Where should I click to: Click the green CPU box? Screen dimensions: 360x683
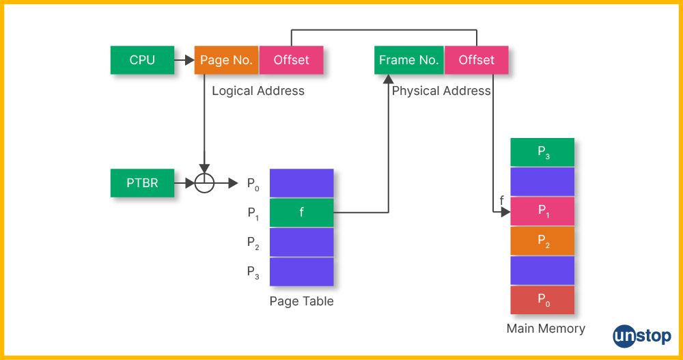click(x=142, y=60)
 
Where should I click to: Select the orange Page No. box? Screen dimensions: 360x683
click(x=226, y=60)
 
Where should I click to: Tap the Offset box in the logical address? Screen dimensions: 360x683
click(x=291, y=60)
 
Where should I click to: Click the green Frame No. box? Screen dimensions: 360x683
click(x=409, y=60)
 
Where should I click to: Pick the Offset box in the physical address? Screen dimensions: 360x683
click(x=476, y=60)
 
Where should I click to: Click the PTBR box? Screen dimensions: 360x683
click(x=142, y=183)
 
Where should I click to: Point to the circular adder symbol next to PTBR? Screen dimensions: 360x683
click(x=204, y=183)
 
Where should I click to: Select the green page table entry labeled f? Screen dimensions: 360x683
click(x=301, y=212)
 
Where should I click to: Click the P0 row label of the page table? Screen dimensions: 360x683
click(x=253, y=183)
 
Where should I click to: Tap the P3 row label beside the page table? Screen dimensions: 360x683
click(x=253, y=272)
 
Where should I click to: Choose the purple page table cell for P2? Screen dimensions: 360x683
click(x=301, y=242)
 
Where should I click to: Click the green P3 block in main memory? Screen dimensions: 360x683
click(x=542, y=152)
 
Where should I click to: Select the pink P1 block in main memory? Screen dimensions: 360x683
click(x=542, y=212)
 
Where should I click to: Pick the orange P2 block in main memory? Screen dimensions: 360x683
click(x=542, y=241)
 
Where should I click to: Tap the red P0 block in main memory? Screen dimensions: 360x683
click(x=542, y=300)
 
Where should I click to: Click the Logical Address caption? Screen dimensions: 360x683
click(x=258, y=91)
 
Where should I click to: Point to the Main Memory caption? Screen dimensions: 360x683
click(x=546, y=329)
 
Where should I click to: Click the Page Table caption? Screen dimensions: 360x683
click(x=301, y=301)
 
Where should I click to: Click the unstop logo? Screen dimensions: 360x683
click(x=642, y=336)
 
